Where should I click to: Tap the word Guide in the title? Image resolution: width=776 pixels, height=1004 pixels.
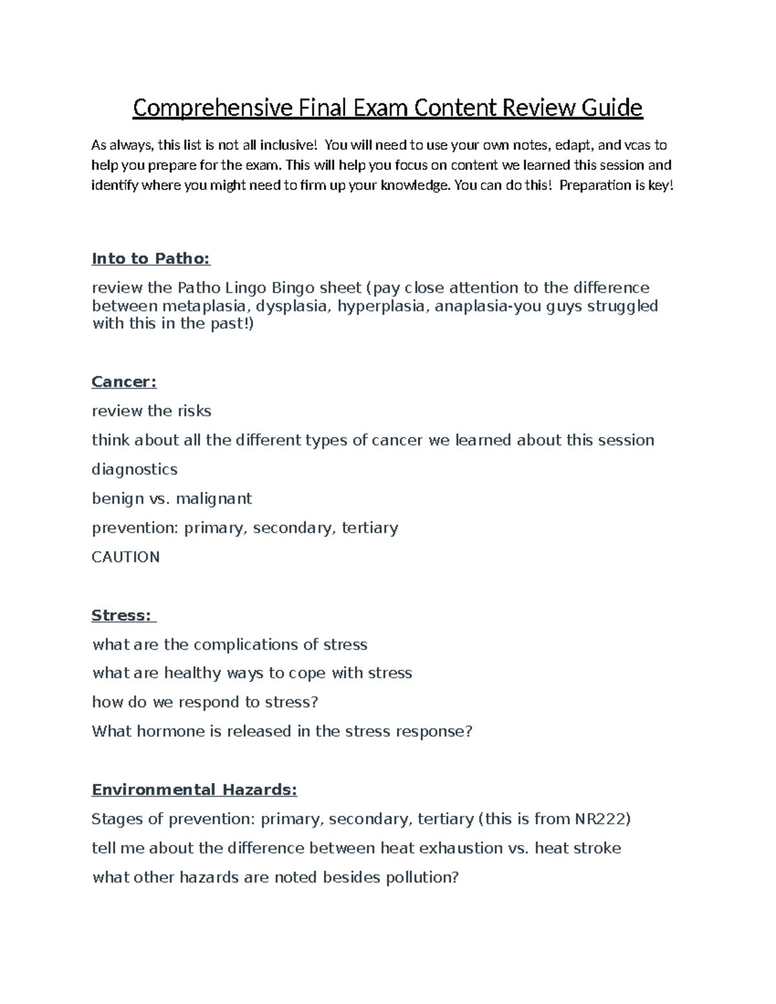click(x=612, y=108)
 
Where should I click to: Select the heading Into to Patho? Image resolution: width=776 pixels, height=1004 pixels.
click(x=151, y=259)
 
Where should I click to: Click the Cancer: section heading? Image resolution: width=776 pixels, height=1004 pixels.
click(x=124, y=382)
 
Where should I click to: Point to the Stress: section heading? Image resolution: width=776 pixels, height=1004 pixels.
click(x=122, y=615)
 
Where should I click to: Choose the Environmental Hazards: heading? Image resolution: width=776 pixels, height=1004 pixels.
click(x=194, y=790)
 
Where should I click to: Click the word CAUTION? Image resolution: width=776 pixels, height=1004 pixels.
click(x=125, y=557)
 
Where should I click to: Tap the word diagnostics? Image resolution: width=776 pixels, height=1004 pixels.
click(x=135, y=469)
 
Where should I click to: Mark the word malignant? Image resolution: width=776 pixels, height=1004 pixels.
click(x=213, y=499)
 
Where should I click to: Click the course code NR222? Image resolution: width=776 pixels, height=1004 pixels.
click(x=600, y=819)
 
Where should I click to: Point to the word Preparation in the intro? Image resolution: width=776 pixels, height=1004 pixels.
click(x=595, y=186)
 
